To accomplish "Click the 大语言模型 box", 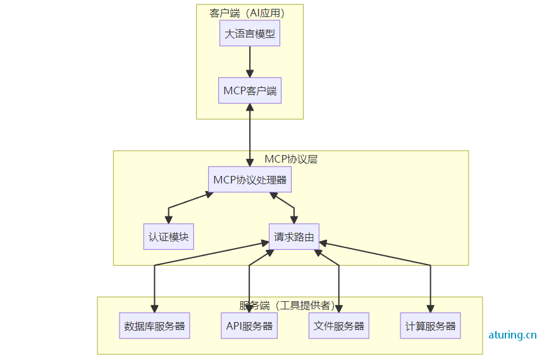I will coord(250,34).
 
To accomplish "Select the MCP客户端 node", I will coord(250,90).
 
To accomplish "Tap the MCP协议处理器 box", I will coord(250,180).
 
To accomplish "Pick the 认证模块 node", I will coord(168,237).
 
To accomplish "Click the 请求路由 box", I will coord(293,237).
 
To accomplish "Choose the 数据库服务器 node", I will coord(155,326).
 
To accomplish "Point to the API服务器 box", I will coord(249,326).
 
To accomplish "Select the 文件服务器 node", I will coord(339,326).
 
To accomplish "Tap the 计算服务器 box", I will coord(430,326).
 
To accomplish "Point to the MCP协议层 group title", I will coord(291,159).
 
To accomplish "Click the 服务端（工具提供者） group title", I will coord(287,306).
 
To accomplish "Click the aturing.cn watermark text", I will coord(512,335).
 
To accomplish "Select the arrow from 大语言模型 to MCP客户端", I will coord(250,61).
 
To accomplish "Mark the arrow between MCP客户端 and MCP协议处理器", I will coord(250,135).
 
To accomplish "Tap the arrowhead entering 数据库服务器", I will coord(155,309).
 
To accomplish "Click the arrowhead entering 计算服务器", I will coord(431,309).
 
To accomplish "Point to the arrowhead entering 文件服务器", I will coord(339,309).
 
